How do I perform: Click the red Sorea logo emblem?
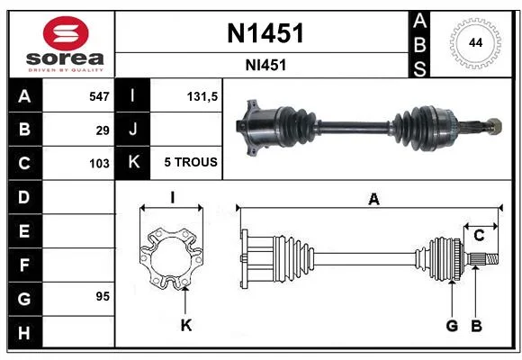point(66,33)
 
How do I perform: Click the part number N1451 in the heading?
point(265,33)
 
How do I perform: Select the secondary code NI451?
point(265,66)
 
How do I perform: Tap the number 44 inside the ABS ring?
point(475,43)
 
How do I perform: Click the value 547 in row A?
point(99,96)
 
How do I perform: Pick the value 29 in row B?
point(103,130)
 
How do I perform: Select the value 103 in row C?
point(99,164)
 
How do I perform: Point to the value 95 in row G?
point(103,296)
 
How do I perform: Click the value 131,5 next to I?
point(202,96)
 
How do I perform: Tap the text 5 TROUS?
point(191,162)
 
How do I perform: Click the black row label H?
point(24,333)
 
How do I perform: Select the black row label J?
point(132,130)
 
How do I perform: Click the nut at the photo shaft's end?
point(494,127)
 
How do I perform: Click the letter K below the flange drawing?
point(186,325)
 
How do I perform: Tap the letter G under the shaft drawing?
point(452,326)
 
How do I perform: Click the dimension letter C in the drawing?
point(479,236)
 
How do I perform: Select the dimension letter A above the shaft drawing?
point(373,199)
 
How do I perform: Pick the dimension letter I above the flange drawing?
point(172,198)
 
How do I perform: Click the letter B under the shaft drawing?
point(477,326)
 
